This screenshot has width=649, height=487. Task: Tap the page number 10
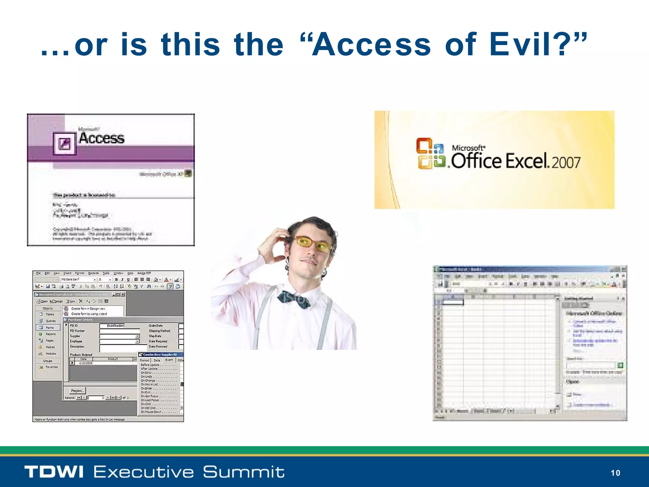pos(615,473)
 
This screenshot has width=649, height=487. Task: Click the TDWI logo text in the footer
pos(54,472)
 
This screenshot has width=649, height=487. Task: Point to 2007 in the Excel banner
pos(566,162)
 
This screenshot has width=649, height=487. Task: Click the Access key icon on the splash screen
pos(65,144)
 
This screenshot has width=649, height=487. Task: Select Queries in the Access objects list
pos(50,321)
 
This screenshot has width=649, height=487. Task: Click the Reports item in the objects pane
pos(50,334)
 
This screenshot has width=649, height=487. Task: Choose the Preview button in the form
pos(77,391)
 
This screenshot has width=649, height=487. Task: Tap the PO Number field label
pos(77,331)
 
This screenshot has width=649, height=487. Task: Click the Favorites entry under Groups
pos(51,367)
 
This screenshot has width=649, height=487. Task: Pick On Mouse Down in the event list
pos(151,412)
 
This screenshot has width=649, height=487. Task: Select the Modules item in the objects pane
pos(50,354)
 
